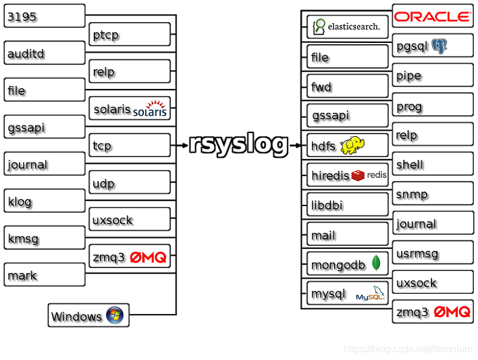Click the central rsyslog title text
(x=238, y=145)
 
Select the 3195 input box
(x=44, y=16)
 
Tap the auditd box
(x=44, y=53)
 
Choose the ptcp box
(x=129, y=35)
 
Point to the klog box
(x=44, y=201)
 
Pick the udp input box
(x=129, y=183)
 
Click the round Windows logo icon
(x=115, y=315)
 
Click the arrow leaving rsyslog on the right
(x=296, y=145)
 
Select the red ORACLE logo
(x=432, y=17)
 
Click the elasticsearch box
(x=347, y=26)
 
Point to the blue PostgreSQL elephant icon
(x=439, y=46)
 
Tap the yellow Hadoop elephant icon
(x=357, y=146)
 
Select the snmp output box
(x=433, y=194)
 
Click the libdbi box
(x=347, y=205)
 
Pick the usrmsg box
(x=433, y=253)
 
